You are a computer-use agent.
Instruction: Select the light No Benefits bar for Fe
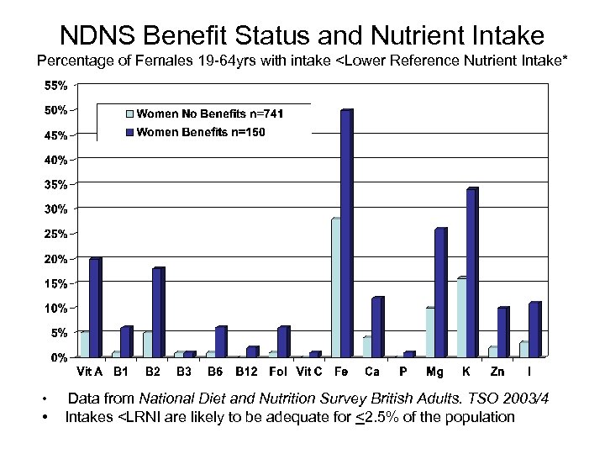(x=335, y=288)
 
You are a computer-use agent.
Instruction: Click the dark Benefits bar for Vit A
(x=94, y=308)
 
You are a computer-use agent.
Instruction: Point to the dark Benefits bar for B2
(x=157, y=313)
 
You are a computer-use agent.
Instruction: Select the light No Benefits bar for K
(x=461, y=318)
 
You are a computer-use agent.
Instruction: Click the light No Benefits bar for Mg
(x=429, y=332)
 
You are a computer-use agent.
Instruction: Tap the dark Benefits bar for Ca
(x=376, y=327)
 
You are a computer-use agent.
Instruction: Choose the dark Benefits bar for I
(x=534, y=330)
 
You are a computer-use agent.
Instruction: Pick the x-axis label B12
(x=246, y=371)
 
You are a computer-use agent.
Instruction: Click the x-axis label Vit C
(x=310, y=371)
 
